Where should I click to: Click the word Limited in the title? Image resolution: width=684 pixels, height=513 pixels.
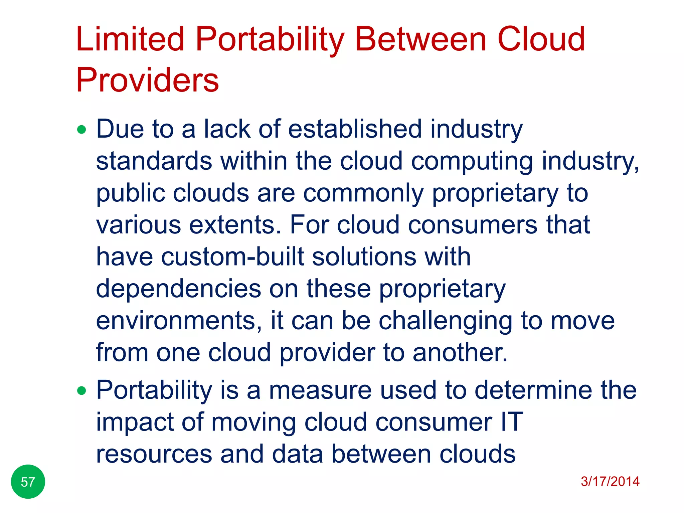pyautogui.click(x=130, y=39)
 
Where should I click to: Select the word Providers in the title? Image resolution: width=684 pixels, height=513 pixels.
pyautogui.click(x=147, y=80)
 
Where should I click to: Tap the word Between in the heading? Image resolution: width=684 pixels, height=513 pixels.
pyautogui.click(x=420, y=39)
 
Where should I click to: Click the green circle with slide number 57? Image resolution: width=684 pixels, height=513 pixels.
pyautogui.click(x=28, y=482)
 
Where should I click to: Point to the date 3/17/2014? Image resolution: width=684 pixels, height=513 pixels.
pyautogui.click(x=610, y=481)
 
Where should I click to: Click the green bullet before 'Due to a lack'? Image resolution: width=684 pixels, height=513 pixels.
pyautogui.click(x=81, y=130)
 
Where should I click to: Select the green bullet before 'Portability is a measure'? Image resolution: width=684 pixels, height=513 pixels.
pyautogui.click(x=81, y=390)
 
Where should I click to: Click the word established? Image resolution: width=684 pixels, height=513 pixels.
pyautogui.click(x=355, y=129)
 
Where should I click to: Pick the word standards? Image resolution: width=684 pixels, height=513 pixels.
pyautogui.click(x=154, y=161)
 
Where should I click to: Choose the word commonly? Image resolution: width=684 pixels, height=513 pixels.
pyautogui.click(x=363, y=193)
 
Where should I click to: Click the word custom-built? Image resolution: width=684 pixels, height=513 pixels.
pyautogui.click(x=232, y=257)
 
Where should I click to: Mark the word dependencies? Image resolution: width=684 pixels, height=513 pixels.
pyautogui.click(x=178, y=289)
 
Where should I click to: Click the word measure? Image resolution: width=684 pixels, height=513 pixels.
pyautogui.click(x=320, y=390)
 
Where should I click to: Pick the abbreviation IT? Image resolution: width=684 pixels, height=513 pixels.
pyautogui.click(x=512, y=422)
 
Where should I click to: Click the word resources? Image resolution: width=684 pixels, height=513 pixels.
pyautogui.click(x=154, y=454)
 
